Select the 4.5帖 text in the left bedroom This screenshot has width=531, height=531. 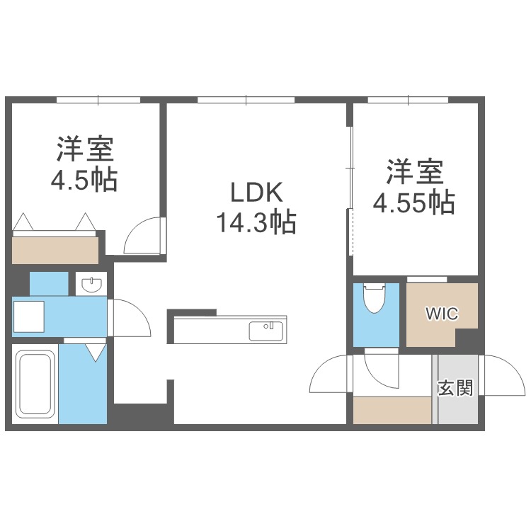tap(84, 181)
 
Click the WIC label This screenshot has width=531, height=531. tap(441, 312)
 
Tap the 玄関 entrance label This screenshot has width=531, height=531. tap(455, 389)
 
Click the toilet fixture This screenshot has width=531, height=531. tap(373, 300)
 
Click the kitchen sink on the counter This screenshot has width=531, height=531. tap(265, 330)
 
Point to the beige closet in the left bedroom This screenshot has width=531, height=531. tap(55, 250)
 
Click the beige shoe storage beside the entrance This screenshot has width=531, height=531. tap(392, 410)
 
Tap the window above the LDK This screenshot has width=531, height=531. tap(247, 100)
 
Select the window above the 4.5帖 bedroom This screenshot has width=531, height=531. tap(98, 100)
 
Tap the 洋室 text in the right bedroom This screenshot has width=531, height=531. tap(414, 172)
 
